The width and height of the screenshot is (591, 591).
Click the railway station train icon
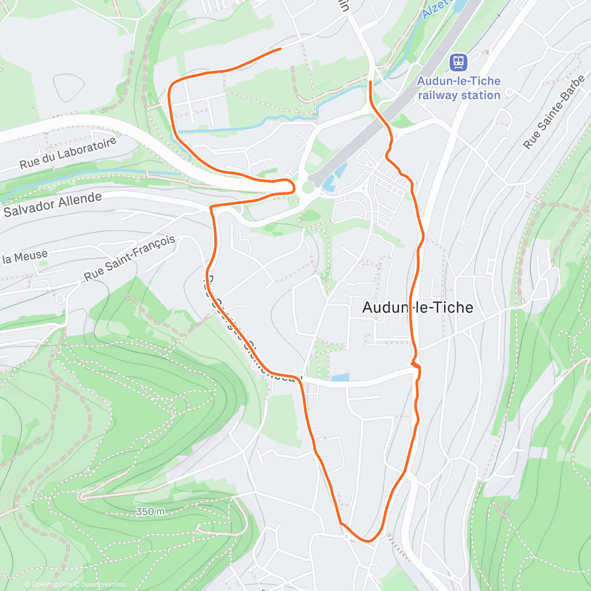pos(458,62)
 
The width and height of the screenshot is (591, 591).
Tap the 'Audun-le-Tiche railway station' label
pos(459,88)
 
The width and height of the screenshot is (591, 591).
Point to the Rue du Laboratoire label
pos(68,153)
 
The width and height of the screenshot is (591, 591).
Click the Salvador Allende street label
pos(53,205)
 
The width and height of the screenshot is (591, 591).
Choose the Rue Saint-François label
pos(130,258)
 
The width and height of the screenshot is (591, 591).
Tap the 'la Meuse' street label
pos(25,257)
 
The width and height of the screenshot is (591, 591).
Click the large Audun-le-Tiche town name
pos(418,307)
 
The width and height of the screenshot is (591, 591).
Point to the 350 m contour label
pos(151,512)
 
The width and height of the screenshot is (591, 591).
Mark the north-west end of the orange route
pos(280,49)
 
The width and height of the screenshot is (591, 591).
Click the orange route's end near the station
pos(370,81)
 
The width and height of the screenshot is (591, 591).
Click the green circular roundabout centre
pos(308,188)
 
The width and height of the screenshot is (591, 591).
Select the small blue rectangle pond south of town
pos(340,378)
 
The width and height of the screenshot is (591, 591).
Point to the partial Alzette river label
pos(433,8)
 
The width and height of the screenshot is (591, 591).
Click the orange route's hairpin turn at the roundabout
pos(294,186)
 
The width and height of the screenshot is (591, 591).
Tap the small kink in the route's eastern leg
pos(416,364)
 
